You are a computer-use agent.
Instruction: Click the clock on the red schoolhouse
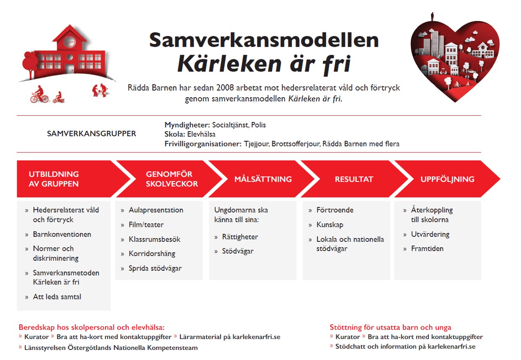pos(69,42)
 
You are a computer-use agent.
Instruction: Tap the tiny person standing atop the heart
pos(432,17)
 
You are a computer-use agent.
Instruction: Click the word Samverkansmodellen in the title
pos(264,40)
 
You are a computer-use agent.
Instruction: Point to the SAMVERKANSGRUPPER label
pos(91,134)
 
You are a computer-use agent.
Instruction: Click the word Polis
pos(259,125)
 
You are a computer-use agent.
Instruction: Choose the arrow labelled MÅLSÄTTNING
pos(263,179)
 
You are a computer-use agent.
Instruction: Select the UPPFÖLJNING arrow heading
pos(447,179)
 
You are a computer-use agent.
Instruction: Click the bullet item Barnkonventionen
pos(62,234)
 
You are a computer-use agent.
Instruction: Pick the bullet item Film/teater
pos(146,225)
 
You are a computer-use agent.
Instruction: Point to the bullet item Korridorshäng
pos(152,254)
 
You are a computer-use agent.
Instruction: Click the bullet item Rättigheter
pos(240,237)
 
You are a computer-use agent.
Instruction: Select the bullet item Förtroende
pos(335,210)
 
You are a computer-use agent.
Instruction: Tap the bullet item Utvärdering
pos(430,234)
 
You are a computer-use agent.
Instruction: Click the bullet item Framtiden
pos(427,249)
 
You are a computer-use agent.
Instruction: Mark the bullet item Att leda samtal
pos(57,297)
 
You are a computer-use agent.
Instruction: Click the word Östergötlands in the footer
pos(89,348)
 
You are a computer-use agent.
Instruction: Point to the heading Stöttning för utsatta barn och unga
pos(390,327)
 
